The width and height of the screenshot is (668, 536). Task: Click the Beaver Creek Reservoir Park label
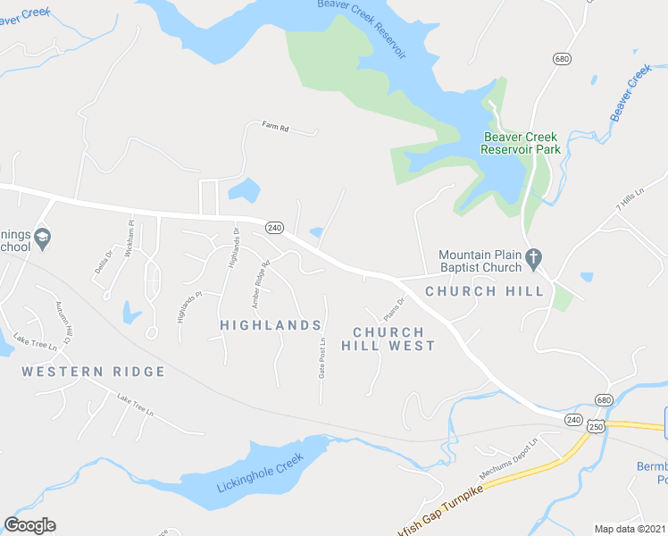coord(521,143)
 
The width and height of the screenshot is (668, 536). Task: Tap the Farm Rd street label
coord(276,129)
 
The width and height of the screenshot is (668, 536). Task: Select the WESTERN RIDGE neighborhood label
coord(94,372)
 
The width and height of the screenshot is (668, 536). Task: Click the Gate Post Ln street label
coord(321,356)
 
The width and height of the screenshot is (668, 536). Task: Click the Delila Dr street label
coord(99,264)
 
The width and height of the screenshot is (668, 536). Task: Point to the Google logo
coord(29,525)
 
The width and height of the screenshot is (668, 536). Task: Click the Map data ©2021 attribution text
coord(630,529)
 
